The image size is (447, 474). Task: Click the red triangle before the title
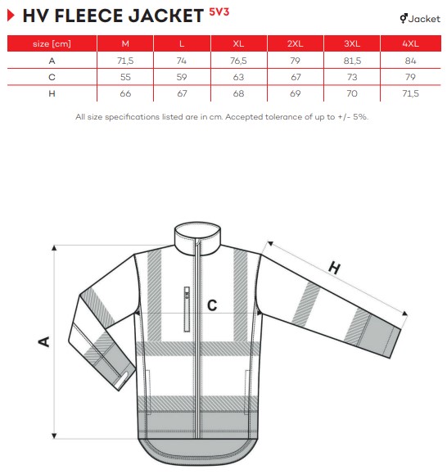click(x=11, y=16)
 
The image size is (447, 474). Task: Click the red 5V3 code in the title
click(x=219, y=12)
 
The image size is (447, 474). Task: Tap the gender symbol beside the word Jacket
click(x=404, y=19)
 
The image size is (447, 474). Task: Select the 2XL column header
click(x=296, y=43)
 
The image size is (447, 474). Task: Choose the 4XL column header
click(x=410, y=43)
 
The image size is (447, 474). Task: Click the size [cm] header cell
click(x=52, y=43)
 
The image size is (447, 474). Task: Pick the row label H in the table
click(x=52, y=93)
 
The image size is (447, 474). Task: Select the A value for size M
click(x=125, y=61)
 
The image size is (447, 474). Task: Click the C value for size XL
click(x=238, y=77)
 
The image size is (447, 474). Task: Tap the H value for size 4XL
click(x=410, y=93)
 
